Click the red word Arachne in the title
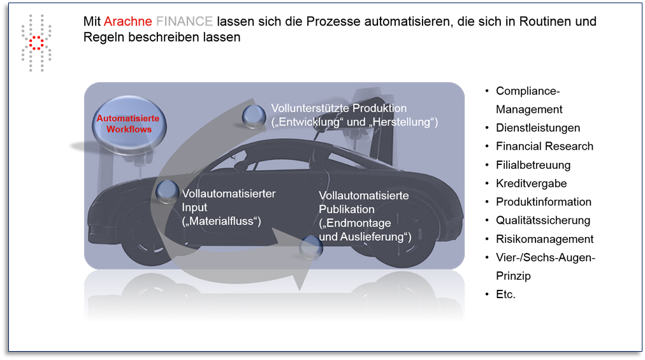click(x=128, y=22)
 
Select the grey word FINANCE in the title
click(x=185, y=22)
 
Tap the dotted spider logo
click(x=36, y=43)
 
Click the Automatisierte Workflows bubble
click(x=129, y=124)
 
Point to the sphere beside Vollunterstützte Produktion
click(x=254, y=116)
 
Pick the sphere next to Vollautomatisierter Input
click(x=168, y=192)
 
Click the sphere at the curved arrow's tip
click(x=311, y=247)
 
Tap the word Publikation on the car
click(x=347, y=209)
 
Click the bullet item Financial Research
click(x=545, y=146)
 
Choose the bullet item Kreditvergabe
click(x=532, y=183)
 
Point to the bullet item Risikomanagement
click(x=545, y=239)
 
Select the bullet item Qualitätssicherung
click(x=543, y=220)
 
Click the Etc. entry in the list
click(x=505, y=294)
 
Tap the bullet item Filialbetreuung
click(x=533, y=164)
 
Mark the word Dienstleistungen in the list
click(x=538, y=127)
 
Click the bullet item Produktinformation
click(x=544, y=201)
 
